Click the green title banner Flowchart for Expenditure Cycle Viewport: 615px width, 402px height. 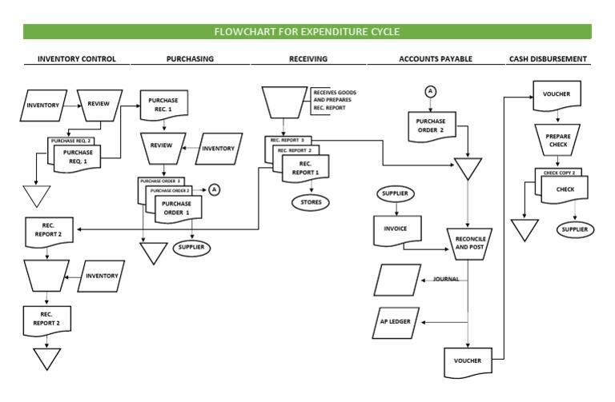click(307, 32)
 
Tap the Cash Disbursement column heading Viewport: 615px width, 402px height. click(549, 59)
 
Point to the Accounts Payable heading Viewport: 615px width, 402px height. click(436, 59)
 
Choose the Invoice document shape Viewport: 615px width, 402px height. click(396, 229)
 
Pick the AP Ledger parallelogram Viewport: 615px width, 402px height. click(396, 321)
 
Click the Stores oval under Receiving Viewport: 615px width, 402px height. click(311, 202)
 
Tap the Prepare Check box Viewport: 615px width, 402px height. click(557, 141)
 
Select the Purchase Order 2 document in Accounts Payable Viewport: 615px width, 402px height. click(430, 126)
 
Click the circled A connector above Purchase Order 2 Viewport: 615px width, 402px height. click(430, 91)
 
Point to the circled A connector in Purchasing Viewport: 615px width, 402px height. click(214, 189)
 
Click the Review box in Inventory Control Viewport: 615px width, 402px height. click(98, 105)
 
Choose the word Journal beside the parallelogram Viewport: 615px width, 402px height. click(446, 279)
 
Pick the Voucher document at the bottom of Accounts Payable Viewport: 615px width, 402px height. click(468, 361)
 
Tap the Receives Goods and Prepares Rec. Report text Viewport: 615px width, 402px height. click(335, 100)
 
